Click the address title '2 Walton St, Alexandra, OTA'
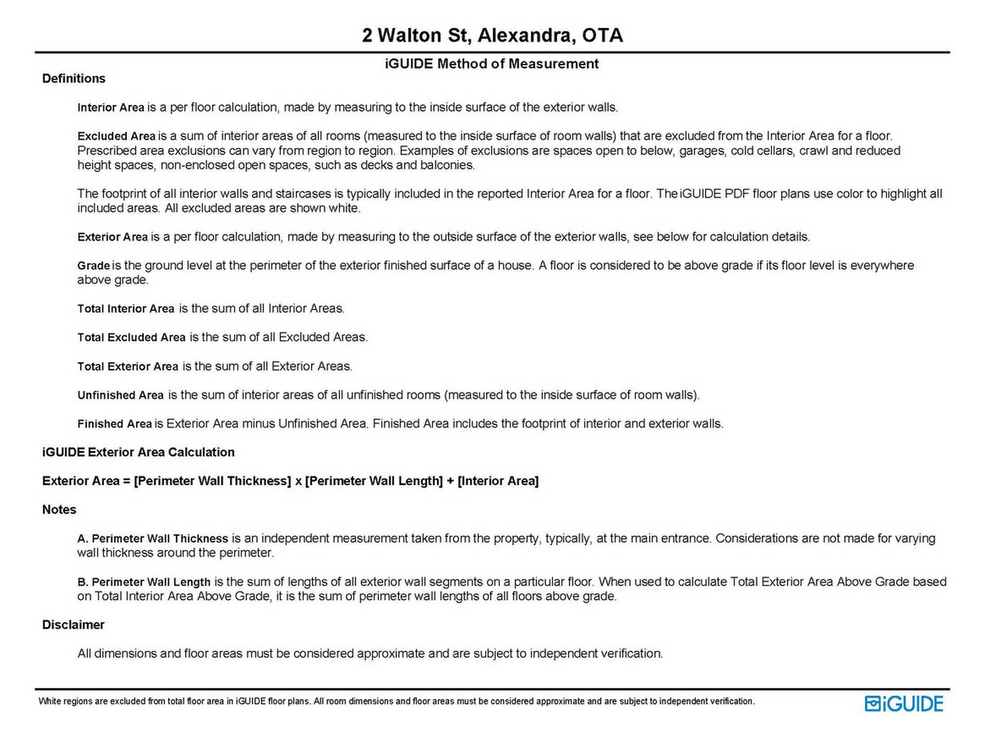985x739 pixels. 492,35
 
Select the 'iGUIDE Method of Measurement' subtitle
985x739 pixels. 491,64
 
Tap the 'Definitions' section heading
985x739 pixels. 73,79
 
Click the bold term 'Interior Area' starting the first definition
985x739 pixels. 111,108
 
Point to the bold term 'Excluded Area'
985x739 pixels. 116,137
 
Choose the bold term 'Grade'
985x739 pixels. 93,266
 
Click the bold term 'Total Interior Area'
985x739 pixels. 126,309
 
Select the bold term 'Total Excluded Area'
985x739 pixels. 131,338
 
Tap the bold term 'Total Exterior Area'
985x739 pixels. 128,366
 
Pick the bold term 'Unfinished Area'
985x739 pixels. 121,395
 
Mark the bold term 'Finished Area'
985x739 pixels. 114,424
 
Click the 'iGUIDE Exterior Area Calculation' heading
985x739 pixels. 138,452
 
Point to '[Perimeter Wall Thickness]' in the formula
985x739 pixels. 212,481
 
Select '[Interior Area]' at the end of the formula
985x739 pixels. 498,481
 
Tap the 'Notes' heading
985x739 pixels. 59,510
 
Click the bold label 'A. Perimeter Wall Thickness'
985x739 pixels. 152,539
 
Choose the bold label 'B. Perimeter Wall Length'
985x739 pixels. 144,582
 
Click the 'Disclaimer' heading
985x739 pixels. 73,625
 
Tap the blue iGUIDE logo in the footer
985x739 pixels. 903,704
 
